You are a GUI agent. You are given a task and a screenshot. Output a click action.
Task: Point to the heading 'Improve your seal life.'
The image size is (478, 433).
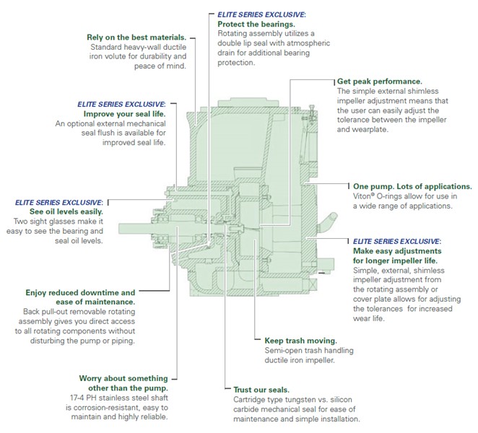[x=125, y=114]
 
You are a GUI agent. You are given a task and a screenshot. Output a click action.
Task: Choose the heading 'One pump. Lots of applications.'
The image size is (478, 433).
[x=412, y=185]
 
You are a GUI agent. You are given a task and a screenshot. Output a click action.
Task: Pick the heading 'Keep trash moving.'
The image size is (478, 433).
[x=301, y=340]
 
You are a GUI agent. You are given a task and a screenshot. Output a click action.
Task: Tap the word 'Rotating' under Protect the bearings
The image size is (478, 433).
[x=235, y=34]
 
